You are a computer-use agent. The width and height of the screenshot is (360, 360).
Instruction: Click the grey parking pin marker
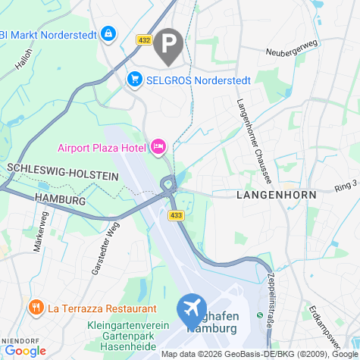(167, 45)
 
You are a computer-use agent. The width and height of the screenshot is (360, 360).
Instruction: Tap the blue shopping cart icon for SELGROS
(136, 79)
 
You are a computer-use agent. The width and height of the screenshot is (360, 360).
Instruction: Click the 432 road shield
(144, 39)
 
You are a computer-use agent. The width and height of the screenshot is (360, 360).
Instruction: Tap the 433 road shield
(176, 216)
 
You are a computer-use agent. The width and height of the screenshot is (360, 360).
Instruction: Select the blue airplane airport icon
(191, 309)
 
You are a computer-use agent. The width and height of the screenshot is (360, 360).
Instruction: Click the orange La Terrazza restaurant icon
(34, 308)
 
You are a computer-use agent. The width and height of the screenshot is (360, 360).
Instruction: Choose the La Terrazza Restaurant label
(102, 308)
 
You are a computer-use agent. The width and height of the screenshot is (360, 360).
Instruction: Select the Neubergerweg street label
(289, 52)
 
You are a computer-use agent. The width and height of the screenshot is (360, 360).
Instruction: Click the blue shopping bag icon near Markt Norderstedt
(109, 33)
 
